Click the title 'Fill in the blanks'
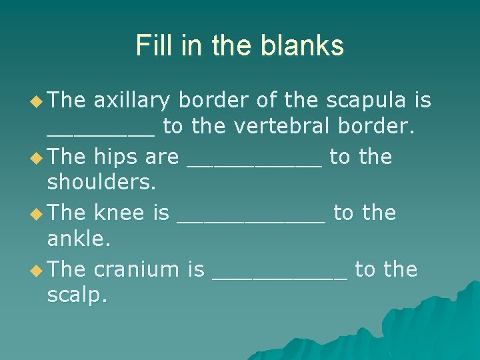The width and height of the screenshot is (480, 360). click(240, 45)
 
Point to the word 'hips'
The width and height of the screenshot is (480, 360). click(117, 157)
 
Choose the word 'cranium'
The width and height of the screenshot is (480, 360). click(137, 270)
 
